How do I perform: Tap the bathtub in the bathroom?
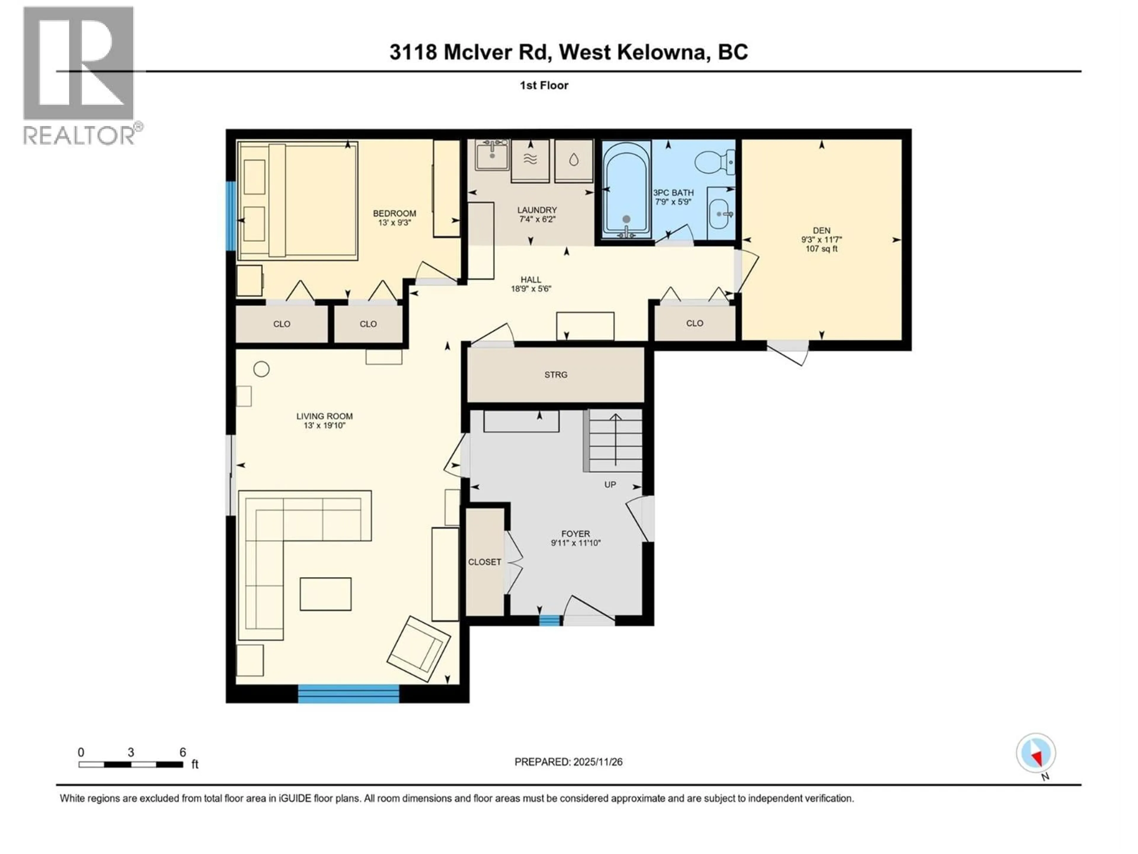click(x=626, y=190)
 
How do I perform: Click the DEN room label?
click(x=821, y=231)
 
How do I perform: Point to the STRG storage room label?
click(x=556, y=375)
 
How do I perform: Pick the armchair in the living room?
click(x=418, y=649)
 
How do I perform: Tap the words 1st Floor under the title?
click(x=544, y=85)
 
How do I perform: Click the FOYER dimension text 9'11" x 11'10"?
click(x=576, y=543)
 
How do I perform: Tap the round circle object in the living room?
click(x=261, y=369)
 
